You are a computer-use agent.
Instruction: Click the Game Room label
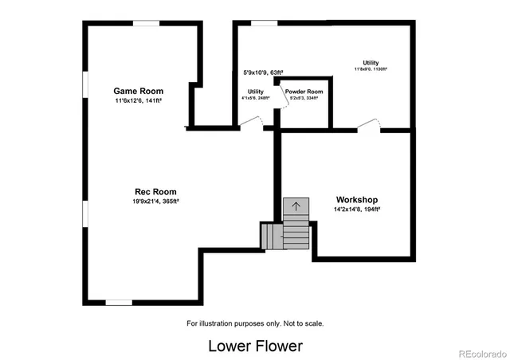[133, 91]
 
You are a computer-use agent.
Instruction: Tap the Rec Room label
[155, 191]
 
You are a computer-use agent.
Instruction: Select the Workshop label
[356, 199]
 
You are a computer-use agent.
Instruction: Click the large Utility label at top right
[371, 63]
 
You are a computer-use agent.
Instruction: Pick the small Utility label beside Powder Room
[256, 92]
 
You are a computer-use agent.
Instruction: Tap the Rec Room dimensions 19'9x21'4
[155, 202]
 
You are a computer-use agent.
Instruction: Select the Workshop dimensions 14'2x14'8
[356, 209]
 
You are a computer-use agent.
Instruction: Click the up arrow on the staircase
[296, 206]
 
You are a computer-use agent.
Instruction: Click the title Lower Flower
[255, 346]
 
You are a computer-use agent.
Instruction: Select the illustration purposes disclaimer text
[255, 323]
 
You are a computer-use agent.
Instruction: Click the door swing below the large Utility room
[369, 123]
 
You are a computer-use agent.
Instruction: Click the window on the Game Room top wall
[145, 24]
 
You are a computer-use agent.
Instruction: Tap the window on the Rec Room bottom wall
[120, 302]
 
